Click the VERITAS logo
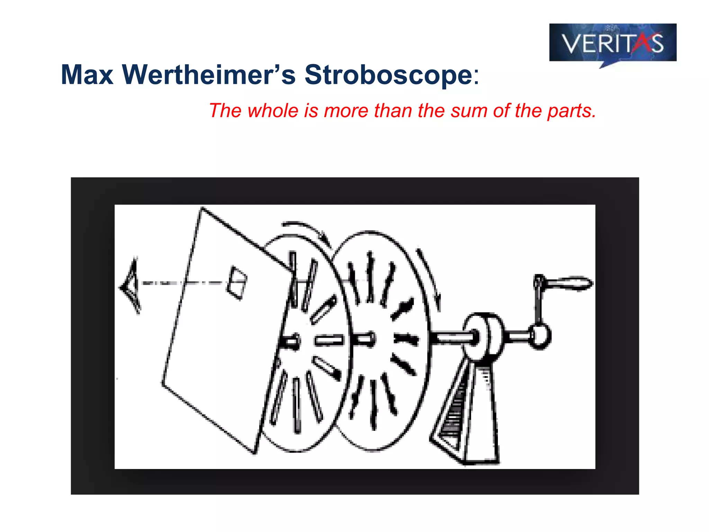point(612,43)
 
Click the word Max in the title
point(87,75)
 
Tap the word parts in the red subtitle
point(572,111)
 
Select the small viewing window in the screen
point(237,283)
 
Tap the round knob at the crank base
point(540,335)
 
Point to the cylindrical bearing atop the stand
point(483,336)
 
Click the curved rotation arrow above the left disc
point(306,230)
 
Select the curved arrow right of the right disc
point(429,277)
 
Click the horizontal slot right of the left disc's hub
point(329,341)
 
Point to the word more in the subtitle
point(346,111)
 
